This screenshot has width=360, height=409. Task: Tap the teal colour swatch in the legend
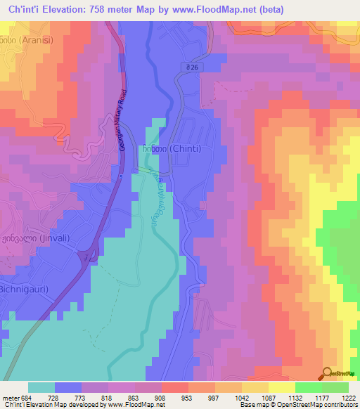tap(41, 387)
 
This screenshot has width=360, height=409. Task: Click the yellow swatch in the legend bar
tap(281, 387)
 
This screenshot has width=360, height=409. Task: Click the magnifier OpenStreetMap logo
tap(327, 373)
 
